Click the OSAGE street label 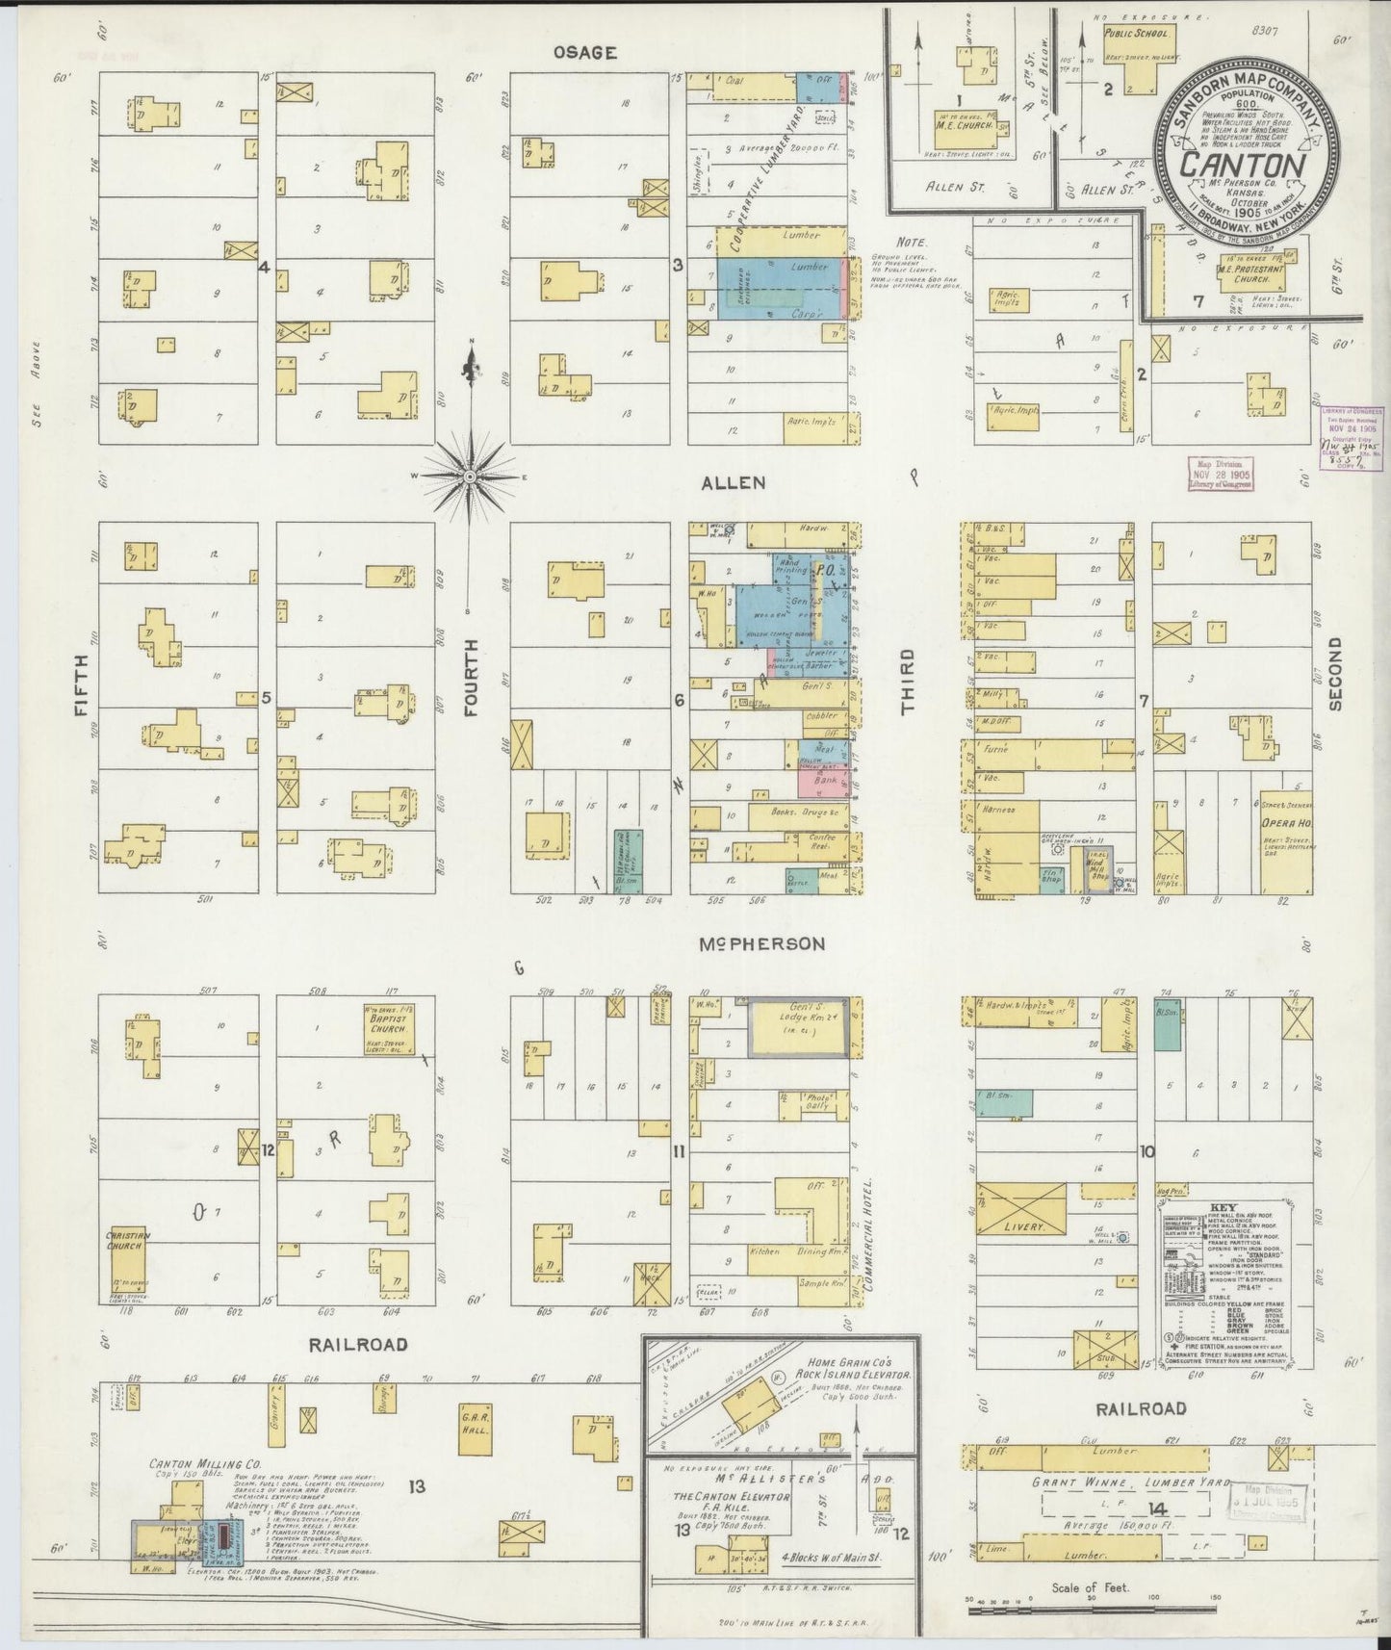click(584, 53)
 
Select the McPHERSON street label click(761, 944)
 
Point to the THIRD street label click(907, 682)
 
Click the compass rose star click(469, 477)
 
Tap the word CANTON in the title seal click(1242, 165)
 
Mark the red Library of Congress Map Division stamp click(1220, 474)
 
